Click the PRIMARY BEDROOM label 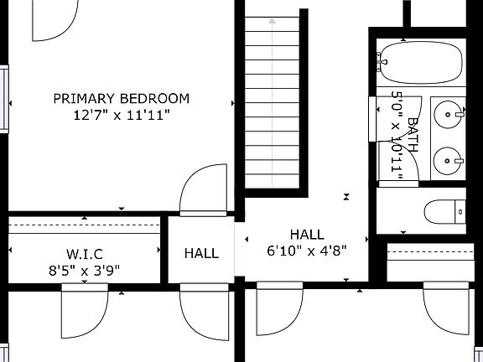coord(122,98)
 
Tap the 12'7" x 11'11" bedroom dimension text coord(122,115)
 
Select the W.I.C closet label coord(84,254)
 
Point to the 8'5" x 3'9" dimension coord(84,270)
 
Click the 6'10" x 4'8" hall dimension coord(306,249)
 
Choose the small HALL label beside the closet coord(201,253)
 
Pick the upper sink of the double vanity coord(450,111)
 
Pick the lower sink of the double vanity coord(450,158)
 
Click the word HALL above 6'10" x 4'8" coord(306,234)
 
